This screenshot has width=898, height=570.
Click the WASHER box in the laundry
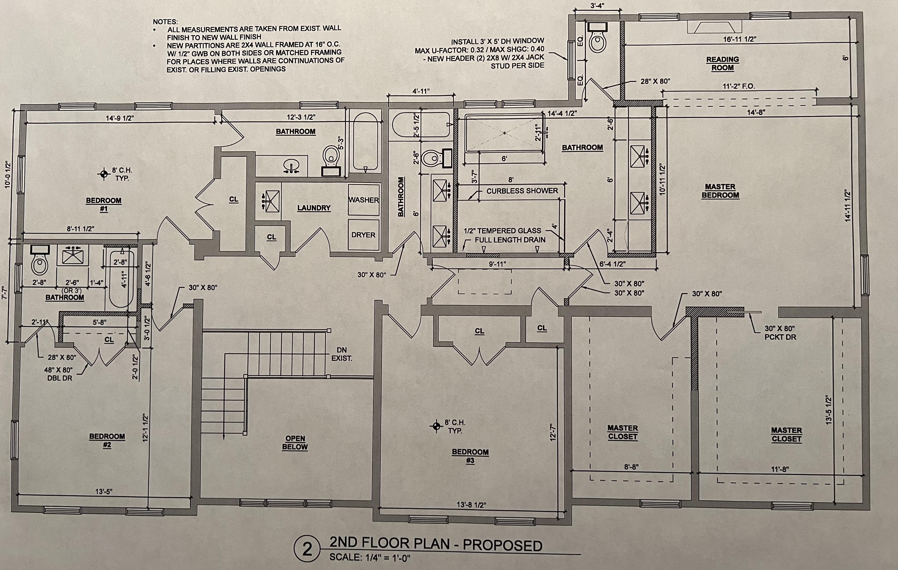[x=364, y=200]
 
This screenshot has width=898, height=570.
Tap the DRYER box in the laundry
[x=364, y=235]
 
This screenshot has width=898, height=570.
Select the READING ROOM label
[x=722, y=64]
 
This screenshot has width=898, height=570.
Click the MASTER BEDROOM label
[x=720, y=191]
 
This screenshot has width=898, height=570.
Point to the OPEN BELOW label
[x=295, y=443]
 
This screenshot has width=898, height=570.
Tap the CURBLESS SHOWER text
[x=522, y=191]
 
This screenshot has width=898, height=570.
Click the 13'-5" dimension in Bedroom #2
[x=104, y=491]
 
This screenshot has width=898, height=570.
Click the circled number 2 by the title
[x=307, y=549]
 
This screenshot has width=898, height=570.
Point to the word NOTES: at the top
[x=165, y=22]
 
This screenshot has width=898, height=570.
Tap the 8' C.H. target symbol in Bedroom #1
[x=104, y=173]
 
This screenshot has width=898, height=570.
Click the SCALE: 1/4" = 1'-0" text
[x=370, y=558]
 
